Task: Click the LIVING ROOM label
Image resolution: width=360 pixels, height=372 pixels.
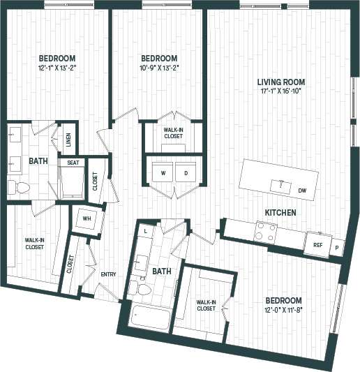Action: click(281, 82)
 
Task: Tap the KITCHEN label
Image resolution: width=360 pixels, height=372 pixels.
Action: click(280, 212)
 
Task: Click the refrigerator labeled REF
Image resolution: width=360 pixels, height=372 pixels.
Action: click(317, 245)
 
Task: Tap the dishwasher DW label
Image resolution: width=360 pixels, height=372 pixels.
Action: click(302, 190)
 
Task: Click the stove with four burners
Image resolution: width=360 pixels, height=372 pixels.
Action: click(266, 231)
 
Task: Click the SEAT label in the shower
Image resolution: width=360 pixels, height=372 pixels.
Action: click(73, 163)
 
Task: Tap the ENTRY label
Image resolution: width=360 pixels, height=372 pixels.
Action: click(108, 274)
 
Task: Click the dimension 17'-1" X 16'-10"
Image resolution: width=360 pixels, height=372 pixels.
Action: click(281, 91)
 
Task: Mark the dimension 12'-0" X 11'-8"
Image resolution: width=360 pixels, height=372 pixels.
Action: click(283, 310)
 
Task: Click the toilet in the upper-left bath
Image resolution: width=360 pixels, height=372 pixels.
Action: click(17, 186)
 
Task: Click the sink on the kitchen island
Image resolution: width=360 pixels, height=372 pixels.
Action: click(281, 185)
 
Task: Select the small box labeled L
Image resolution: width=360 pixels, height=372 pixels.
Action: click(146, 230)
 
